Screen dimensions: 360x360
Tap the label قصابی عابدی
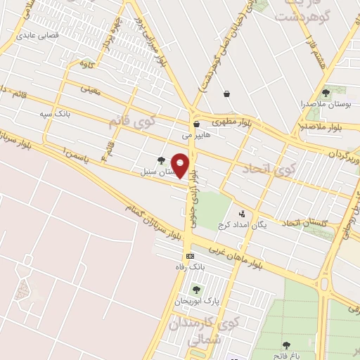37,33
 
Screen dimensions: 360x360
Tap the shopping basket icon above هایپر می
196,124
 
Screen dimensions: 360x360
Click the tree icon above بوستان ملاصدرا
325,92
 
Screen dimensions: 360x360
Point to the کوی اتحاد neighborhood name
269,169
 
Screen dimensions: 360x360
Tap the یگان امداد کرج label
243,224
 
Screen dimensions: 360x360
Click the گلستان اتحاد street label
307,223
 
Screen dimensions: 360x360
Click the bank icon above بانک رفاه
189,256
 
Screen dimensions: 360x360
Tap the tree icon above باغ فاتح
287,345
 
